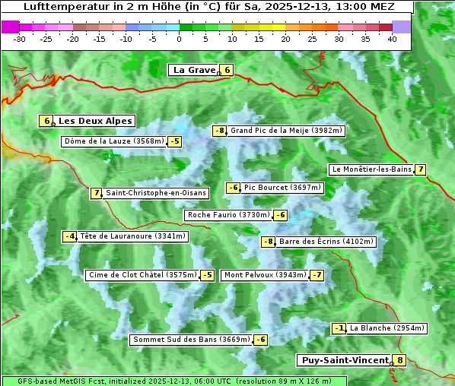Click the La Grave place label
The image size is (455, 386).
[194, 70]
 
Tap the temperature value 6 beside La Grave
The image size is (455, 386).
[227, 70]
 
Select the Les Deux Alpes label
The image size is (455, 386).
[95, 121]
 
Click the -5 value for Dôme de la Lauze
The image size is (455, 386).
[175, 141]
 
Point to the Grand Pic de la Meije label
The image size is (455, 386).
[287, 131]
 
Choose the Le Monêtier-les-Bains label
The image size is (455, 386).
[371, 169]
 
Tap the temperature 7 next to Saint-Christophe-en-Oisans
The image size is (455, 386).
[96, 193]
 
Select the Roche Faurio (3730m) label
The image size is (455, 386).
[228, 215]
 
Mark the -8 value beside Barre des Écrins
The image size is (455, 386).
[268, 242]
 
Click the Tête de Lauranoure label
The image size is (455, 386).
[132, 236]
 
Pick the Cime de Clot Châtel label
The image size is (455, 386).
[142, 275]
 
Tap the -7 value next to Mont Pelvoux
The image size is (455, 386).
[317, 275]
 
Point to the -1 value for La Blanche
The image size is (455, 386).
[339, 328]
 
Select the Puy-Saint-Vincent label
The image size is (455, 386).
[344, 360]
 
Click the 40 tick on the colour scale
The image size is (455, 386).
[392, 38]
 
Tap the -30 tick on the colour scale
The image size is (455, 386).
[21, 38]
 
